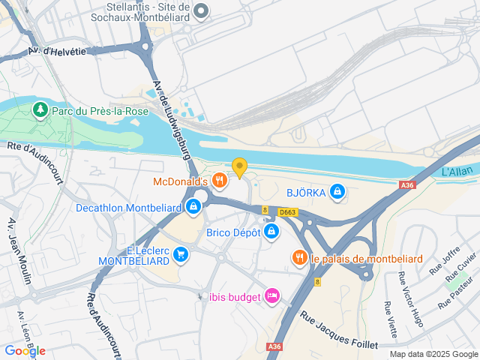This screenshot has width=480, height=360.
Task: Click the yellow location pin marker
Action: [239, 168]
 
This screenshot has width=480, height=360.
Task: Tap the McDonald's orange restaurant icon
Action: [219, 181]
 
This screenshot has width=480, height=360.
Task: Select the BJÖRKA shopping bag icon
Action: [338, 192]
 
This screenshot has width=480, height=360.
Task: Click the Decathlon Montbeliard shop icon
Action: [193, 207]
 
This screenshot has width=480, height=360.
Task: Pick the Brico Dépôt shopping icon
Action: [271, 233]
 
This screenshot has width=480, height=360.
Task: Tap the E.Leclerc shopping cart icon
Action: [180, 255]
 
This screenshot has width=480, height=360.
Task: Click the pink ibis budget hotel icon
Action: [272, 297]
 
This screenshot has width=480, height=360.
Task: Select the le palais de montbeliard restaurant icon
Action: [300, 259]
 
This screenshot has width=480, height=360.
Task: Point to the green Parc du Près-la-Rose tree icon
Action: [39, 111]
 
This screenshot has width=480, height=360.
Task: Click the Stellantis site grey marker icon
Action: [200, 10]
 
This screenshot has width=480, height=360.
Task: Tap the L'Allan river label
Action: [454, 173]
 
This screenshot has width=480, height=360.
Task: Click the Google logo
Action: [25, 350]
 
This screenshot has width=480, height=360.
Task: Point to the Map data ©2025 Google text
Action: [433, 354]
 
